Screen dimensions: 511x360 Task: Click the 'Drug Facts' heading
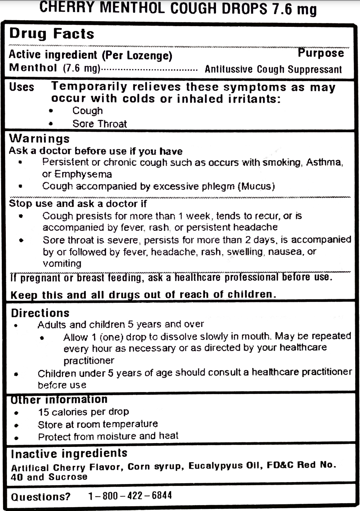pyautogui.click(x=52, y=34)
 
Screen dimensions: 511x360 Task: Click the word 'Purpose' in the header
pyautogui.click(x=321, y=53)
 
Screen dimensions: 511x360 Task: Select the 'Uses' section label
pyautogui.click(x=21, y=87)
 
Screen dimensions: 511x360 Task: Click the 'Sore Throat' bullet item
pyautogui.click(x=99, y=124)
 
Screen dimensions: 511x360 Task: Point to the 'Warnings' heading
pyautogui.click(x=39, y=139)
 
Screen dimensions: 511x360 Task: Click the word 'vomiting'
pyautogui.click(x=62, y=264)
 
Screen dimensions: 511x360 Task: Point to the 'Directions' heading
pyautogui.click(x=40, y=313)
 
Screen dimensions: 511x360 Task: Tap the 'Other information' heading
pyautogui.click(x=59, y=400)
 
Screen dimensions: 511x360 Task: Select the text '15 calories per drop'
pyautogui.click(x=83, y=412)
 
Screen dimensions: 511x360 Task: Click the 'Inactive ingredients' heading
pyautogui.click(x=69, y=453)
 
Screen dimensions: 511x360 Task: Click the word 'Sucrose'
pyautogui.click(x=68, y=477)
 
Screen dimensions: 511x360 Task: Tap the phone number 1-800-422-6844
pyautogui.click(x=130, y=496)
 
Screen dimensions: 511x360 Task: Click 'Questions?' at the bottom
pyautogui.click(x=40, y=497)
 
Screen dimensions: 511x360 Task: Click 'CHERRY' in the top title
pyautogui.click(x=67, y=8)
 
